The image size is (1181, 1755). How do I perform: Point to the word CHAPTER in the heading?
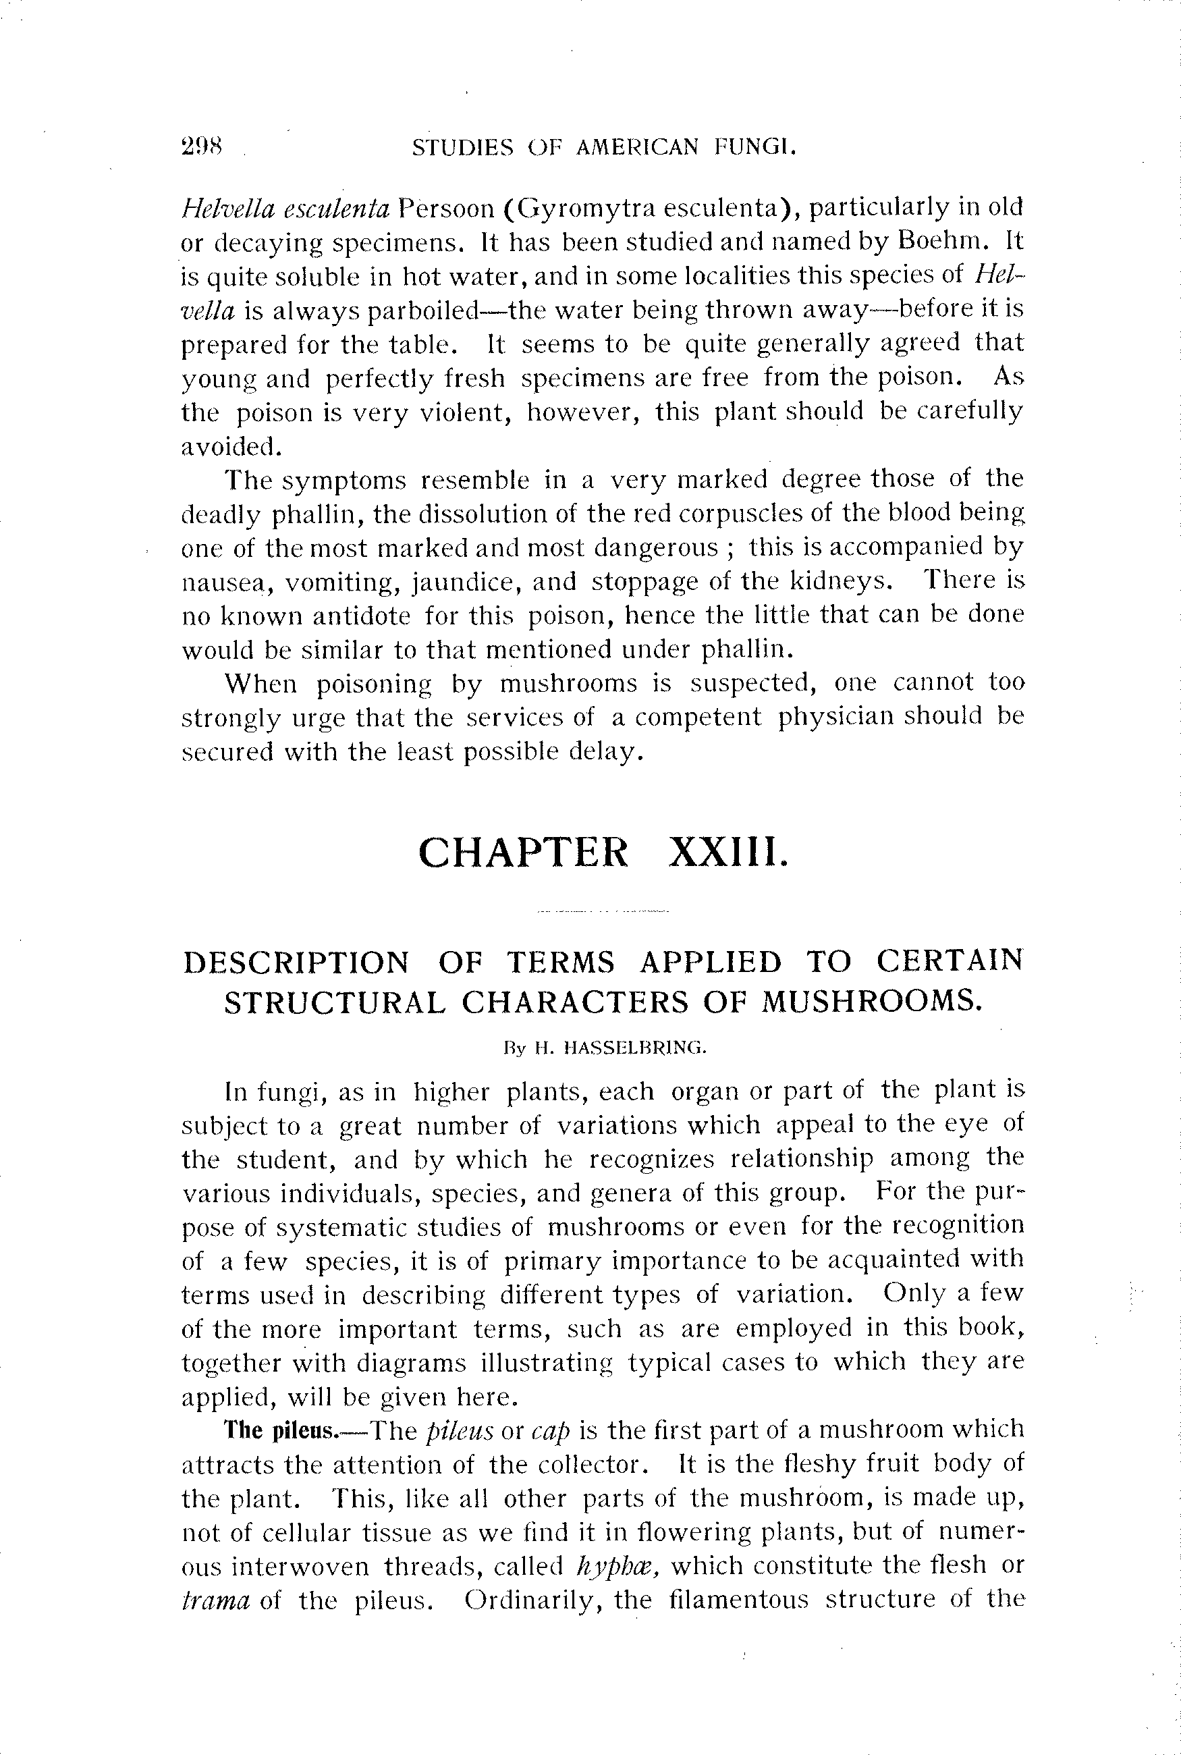523,853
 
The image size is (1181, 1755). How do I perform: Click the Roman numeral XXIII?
728,853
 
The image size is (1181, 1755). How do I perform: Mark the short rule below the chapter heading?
603,911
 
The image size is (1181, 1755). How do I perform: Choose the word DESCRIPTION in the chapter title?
297,963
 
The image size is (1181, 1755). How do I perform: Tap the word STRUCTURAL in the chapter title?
335,1002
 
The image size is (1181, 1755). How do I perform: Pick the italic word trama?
215,1600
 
